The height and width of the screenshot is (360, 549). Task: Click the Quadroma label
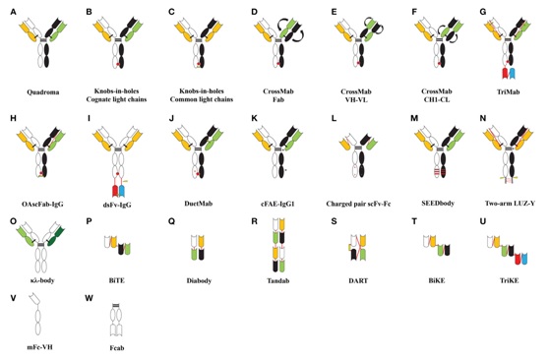click(x=43, y=92)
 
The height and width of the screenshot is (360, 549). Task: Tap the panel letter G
click(x=483, y=12)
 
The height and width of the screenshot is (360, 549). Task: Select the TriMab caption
click(x=508, y=92)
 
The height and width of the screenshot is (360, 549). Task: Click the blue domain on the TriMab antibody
click(x=513, y=73)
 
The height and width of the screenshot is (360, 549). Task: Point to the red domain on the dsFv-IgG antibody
click(x=115, y=191)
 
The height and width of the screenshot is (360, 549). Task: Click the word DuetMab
click(x=199, y=204)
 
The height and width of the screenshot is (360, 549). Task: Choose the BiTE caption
click(x=117, y=280)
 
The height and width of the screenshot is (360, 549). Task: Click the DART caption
click(x=358, y=280)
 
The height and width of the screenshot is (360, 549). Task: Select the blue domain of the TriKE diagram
click(x=524, y=259)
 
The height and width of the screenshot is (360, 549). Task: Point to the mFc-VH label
click(x=39, y=347)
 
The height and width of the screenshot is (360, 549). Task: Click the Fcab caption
click(x=117, y=348)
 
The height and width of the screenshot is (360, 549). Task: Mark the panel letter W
click(x=89, y=298)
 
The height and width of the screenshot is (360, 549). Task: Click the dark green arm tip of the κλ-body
click(x=61, y=233)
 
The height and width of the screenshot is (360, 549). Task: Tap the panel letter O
click(x=14, y=222)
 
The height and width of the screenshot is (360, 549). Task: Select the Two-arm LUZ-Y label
click(x=510, y=204)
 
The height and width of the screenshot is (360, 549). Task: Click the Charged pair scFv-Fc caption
click(x=358, y=204)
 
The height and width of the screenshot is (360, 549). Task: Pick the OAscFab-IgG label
click(x=42, y=204)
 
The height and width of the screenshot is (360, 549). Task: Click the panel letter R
click(x=254, y=222)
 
